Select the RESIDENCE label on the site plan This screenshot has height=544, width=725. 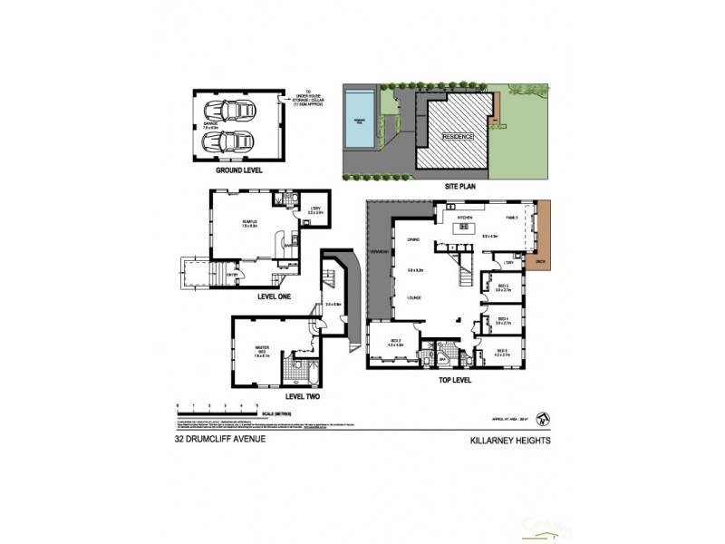tap(457, 137)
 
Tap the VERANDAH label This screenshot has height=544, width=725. tap(380, 252)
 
